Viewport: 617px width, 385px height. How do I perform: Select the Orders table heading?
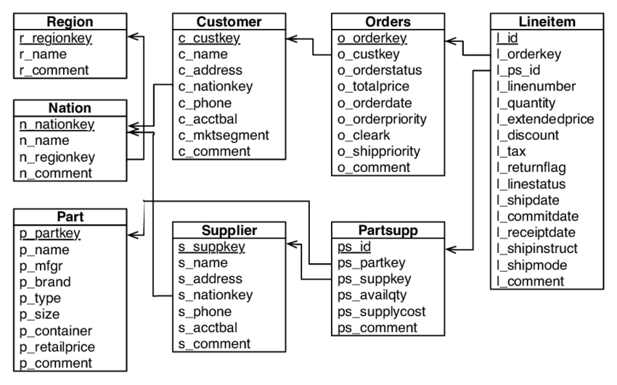[x=388, y=21]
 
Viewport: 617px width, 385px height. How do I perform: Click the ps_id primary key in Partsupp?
[x=350, y=247]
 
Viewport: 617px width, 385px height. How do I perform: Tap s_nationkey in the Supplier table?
[x=215, y=295]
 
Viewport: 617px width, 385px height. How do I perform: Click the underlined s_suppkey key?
[x=212, y=247]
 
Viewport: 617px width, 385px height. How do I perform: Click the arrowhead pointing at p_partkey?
[x=135, y=233]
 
